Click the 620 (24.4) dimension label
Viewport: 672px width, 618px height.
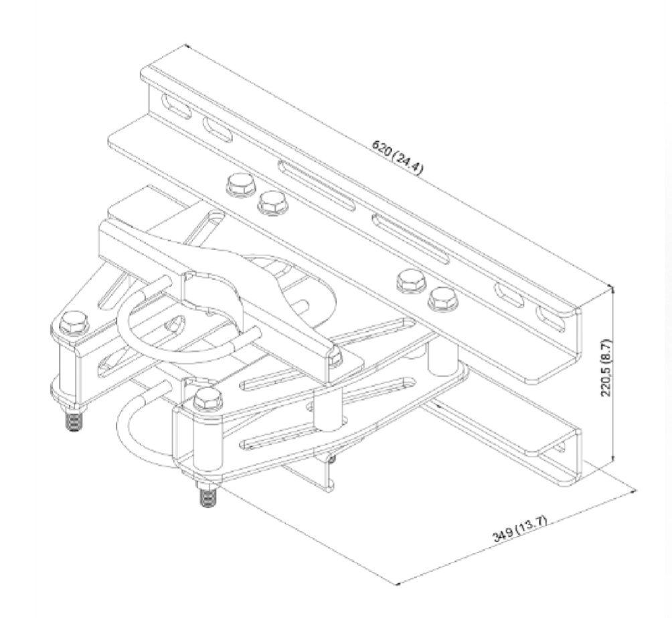[398, 157]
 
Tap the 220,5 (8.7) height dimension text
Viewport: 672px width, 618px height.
[607, 368]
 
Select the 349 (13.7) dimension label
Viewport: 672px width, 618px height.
[520, 529]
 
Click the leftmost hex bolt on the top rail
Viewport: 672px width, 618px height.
[240, 185]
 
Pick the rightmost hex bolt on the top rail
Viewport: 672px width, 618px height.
[443, 298]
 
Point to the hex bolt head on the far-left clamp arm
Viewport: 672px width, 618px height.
[74, 322]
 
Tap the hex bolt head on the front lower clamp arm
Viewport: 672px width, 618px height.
[208, 399]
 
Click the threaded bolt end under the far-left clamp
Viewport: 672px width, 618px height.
[74, 421]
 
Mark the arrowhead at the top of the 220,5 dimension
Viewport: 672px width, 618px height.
[613, 290]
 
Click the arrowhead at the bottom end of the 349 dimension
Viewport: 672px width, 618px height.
[397, 583]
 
